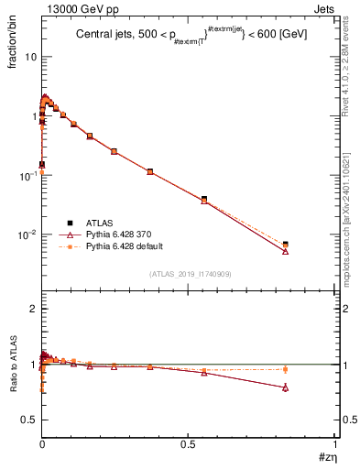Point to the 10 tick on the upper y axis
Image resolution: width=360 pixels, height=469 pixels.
[30, 57]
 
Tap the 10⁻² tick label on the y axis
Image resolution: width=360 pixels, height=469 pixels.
[27, 234]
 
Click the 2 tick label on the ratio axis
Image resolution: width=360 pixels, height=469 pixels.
[33, 309]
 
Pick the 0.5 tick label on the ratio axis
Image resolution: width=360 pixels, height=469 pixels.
[28, 420]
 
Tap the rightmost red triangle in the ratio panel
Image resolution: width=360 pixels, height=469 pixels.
[285, 387]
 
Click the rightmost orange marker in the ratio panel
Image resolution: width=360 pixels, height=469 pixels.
[285, 370]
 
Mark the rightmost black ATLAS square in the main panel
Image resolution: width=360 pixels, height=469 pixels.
[285, 245]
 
